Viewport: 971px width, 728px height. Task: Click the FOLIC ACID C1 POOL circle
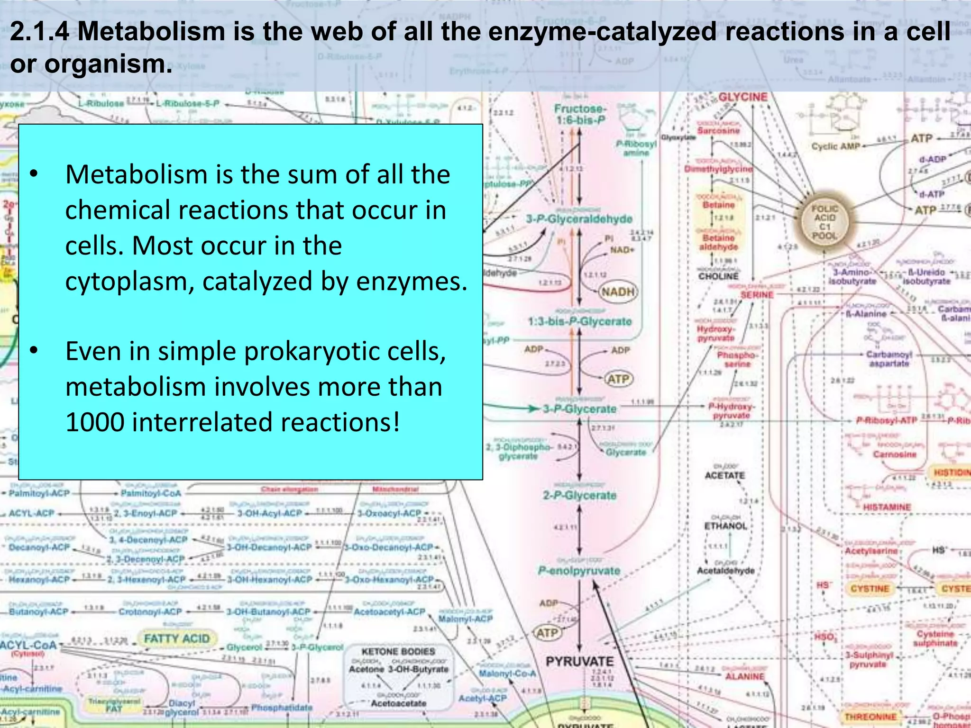824,222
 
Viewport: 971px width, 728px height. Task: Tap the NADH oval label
618,291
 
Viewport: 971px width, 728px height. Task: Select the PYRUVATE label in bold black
579,661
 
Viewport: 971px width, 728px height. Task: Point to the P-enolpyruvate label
579,571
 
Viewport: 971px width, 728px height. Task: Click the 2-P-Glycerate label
579,495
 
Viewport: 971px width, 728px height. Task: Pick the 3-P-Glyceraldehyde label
579,219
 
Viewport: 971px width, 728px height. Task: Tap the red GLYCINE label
742,97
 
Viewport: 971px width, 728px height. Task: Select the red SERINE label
757,295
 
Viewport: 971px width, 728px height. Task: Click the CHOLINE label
718,276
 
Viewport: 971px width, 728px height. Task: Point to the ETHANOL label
725,526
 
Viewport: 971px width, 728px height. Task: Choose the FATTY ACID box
176,639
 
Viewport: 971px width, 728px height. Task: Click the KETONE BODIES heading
398,652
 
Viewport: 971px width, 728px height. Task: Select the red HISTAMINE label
887,507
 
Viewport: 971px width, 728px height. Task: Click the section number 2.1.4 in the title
40,32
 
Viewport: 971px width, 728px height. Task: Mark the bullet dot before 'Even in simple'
33,351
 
